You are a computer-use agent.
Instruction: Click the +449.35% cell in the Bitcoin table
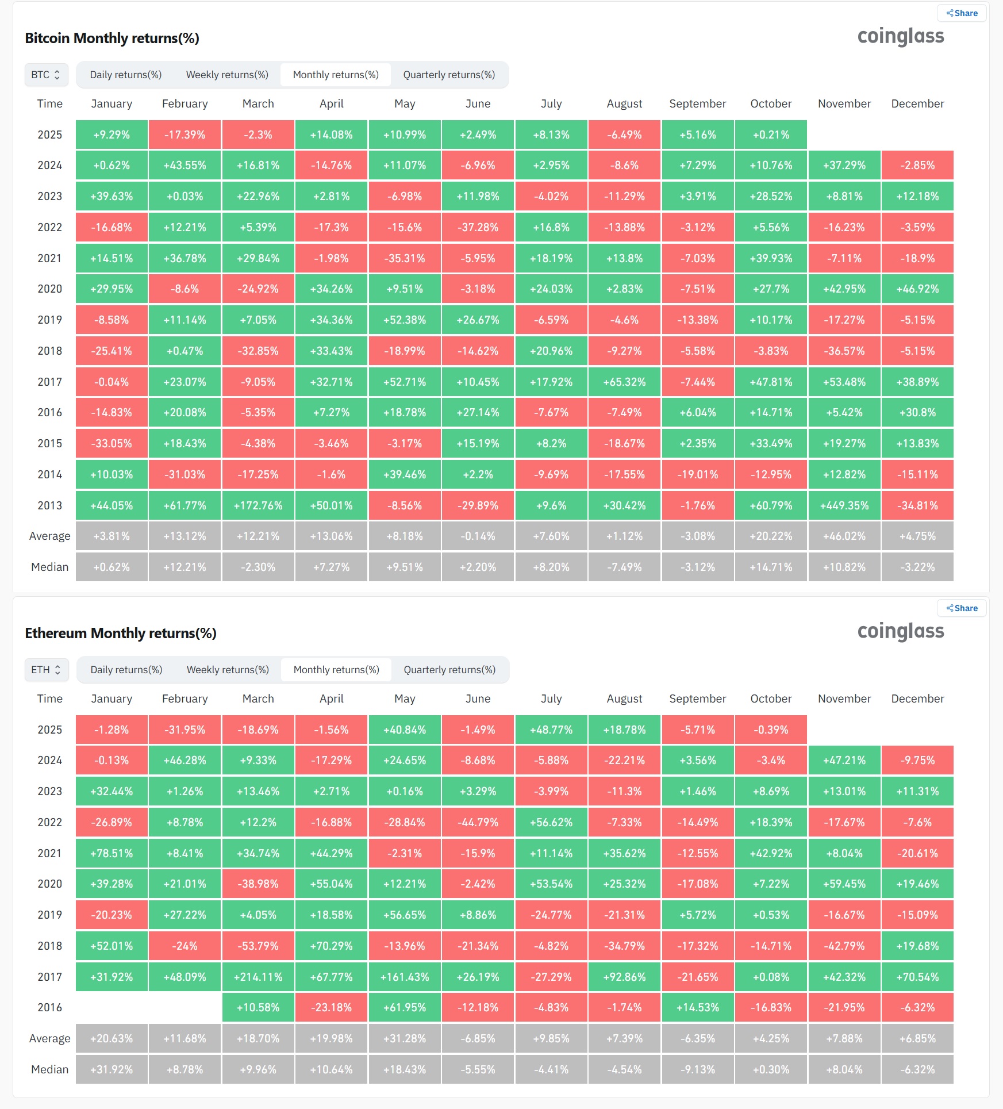click(844, 505)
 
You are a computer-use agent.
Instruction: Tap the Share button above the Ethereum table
click(962, 608)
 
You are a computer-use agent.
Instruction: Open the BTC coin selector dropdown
click(46, 75)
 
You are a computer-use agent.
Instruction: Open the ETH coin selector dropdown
click(46, 670)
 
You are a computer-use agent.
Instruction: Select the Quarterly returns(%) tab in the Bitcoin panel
click(449, 75)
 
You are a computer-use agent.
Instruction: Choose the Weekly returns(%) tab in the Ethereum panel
click(228, 670)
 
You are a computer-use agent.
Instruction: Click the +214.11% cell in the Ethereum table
click(258, 977)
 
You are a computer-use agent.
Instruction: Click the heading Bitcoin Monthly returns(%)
click(112, 38)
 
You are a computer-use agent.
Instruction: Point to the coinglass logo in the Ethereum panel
click(900, 631)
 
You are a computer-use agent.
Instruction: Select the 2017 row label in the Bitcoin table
click(49, 382)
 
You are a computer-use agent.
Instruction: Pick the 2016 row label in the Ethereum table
click(49, 1007)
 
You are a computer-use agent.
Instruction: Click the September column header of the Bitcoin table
click(697, 103)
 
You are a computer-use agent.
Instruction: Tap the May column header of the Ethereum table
click(405, 699)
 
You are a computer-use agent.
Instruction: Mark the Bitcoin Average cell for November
click(844, 536)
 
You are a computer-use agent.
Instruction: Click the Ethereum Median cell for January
click(112, 1069)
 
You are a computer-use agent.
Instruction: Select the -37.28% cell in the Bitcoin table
click(478, 227)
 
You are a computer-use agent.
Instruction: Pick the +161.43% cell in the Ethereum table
click(405, 977)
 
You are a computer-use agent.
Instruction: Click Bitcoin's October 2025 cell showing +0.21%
click(771, 135)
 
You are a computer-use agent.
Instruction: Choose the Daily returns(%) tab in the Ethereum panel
click(126, 670)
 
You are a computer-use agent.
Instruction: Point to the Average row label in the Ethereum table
click(49, 1038)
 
